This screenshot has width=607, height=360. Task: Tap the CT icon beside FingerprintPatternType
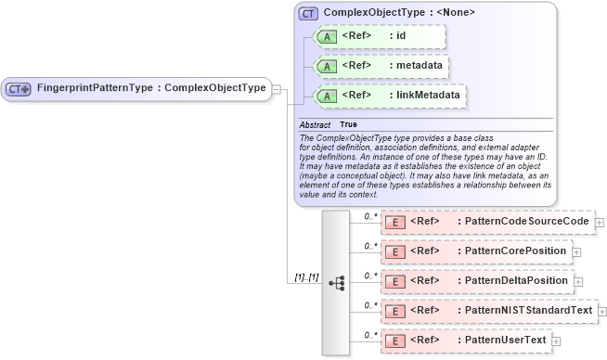19,88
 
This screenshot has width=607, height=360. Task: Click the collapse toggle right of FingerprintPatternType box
276,88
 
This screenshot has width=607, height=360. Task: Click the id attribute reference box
381,36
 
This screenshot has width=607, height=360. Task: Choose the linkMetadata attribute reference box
390,96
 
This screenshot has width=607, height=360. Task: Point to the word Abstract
315,124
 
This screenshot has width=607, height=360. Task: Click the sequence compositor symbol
336,282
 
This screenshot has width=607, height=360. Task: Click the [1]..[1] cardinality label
307,276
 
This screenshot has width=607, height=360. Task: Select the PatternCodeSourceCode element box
487,222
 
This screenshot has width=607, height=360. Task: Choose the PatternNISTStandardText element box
488,309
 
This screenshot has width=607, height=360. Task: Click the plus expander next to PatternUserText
557,341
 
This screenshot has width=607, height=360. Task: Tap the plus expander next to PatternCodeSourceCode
600,223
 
